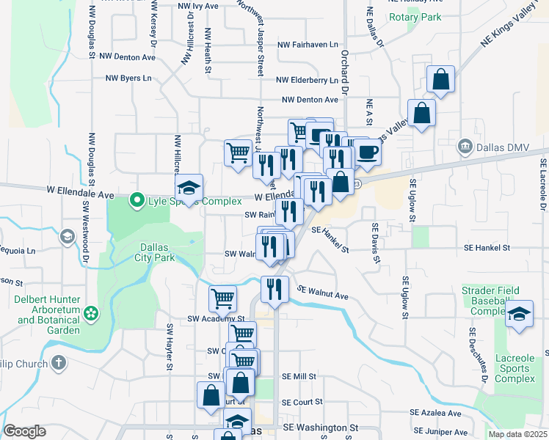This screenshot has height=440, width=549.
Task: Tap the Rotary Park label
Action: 415,17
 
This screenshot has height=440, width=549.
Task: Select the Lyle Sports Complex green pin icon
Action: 136,199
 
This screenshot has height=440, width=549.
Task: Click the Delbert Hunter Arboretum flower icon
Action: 92,314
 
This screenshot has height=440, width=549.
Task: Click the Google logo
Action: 24,431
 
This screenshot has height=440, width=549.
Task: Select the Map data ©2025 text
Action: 517,434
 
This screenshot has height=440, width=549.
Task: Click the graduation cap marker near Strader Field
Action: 520,314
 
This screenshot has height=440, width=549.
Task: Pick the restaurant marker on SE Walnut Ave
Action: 274,287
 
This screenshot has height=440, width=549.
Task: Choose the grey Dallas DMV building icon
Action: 464,146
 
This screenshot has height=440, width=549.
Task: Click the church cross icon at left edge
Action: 58,363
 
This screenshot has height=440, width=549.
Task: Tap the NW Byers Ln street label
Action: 128,78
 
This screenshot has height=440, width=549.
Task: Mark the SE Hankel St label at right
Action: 487,248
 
